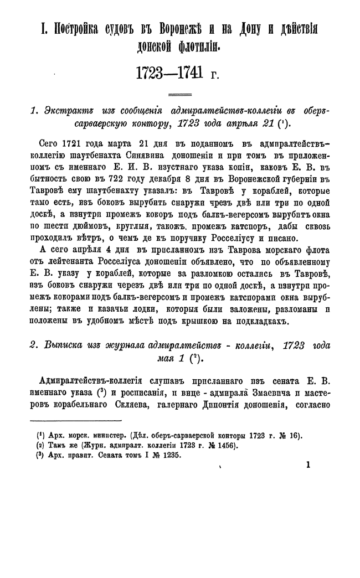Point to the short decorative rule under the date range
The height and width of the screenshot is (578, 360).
[179, 94]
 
